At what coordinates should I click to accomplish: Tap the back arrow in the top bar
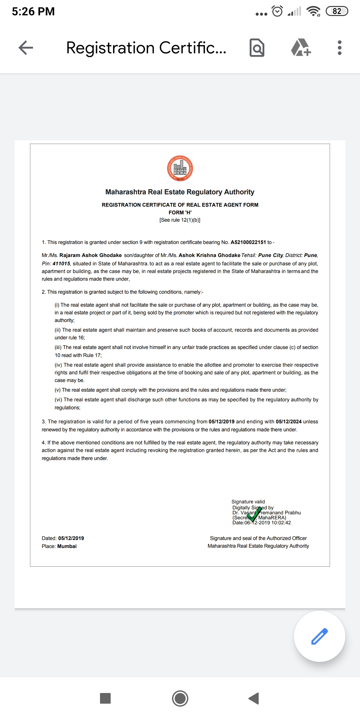(x=26, y=48)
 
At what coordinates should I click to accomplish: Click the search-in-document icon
(x=257, y=48)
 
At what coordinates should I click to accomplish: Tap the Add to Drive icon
(x=301, y=48)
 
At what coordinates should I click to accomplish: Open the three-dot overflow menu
(x=339, y=48)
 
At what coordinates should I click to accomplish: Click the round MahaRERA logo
(x=180, y=168)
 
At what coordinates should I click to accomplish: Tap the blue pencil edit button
(x=319, y=636)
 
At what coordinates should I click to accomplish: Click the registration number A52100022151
(x=248, y=242)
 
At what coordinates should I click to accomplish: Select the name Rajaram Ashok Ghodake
(x=90, y=255)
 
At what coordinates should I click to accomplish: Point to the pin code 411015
(x=61, y=264)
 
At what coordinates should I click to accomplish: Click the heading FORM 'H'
(x=180, y=213)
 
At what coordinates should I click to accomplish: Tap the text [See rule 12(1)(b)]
(x=180, y=220)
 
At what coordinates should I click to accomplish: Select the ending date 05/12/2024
(x=288, y=422)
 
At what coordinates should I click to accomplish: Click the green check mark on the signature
(x=254, y=514)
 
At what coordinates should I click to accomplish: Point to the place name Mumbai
(x=67, y=546)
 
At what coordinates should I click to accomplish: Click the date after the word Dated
(x=71, y=538)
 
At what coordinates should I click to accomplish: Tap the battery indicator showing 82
(x=337, y=11)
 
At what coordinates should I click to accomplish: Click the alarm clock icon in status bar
(x=277, y=11)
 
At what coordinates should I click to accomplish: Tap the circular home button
(x=180, y=698)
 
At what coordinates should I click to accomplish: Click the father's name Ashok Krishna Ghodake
(x=209, y=255)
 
